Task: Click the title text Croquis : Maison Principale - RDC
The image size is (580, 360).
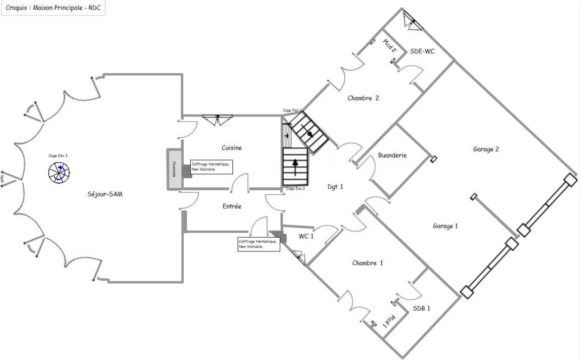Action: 53,8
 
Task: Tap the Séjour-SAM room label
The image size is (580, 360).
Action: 105,194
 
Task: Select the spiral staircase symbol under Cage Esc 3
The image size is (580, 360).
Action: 59,173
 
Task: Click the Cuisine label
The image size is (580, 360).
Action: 232,148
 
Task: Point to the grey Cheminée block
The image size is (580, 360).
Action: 174,169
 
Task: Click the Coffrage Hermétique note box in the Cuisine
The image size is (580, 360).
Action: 211,167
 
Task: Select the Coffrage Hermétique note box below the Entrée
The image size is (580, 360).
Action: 258,244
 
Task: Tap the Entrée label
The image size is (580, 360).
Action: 232,206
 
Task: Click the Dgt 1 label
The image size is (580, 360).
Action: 335,186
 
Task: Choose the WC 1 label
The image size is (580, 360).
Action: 306,236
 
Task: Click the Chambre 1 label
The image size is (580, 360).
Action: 367,263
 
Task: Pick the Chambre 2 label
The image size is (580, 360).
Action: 363,98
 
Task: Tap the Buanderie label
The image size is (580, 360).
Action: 392,155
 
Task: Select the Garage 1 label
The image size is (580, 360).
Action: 445,226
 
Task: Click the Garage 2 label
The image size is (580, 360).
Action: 486,149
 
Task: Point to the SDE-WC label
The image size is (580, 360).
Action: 422,51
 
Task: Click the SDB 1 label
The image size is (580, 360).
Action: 421,308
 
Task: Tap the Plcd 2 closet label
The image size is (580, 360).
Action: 389,45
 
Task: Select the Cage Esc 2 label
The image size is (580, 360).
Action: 296,188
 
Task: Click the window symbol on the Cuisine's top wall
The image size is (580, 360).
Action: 217,120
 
